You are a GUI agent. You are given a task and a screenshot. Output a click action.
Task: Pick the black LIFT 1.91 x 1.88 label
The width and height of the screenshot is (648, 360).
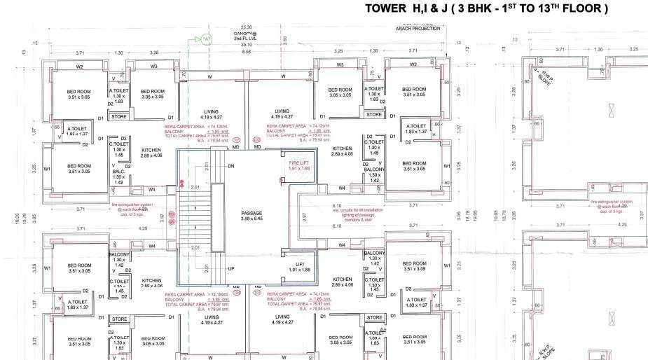tap(299, 267)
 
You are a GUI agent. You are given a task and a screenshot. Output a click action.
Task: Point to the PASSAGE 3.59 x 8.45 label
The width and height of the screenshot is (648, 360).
tap(251, 216)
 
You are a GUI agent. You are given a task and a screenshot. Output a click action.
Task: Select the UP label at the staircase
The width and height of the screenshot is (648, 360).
tap(230, 268)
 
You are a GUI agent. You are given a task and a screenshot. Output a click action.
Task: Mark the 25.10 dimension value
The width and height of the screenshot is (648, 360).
tap(245, 43)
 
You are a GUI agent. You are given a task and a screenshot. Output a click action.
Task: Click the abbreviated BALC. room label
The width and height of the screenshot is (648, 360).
tap(118, 172)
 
